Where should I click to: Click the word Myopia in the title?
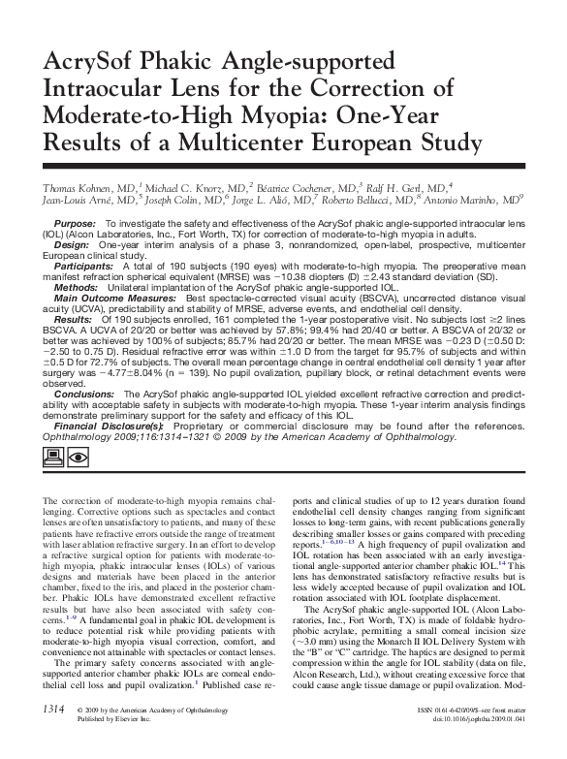point(273,129)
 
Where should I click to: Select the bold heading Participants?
point(84,268)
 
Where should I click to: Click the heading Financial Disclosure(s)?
point(108,427)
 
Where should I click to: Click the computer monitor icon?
point(55,457)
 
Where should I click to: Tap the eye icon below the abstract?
point(80,457)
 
